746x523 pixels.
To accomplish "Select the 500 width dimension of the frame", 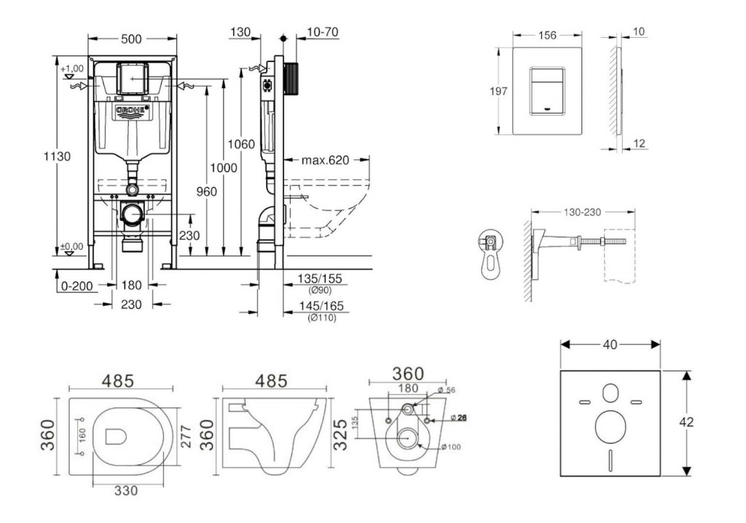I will [x=131, y=40].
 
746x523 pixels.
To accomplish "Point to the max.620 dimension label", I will [x=327, y=160].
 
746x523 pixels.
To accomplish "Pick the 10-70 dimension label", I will [x=322, y=32].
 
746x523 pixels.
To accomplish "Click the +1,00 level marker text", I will [x=72, y=68].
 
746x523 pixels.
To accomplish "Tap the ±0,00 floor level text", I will [x=71, y=246].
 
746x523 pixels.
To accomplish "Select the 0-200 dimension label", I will [x=76, y=286].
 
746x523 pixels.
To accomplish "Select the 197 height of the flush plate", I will [x=498, y=91].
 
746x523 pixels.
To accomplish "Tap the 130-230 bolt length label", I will [x=581, y=213].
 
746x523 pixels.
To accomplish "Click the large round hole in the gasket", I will [x=610, y=425].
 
